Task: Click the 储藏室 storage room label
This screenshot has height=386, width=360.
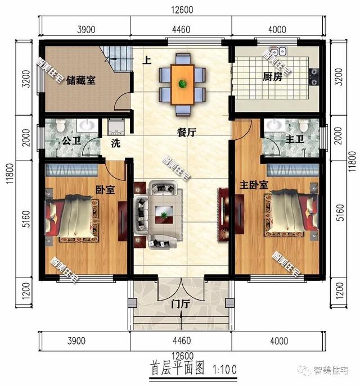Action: (x=80, y=80)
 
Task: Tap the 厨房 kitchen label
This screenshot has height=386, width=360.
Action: (x=272, y=77)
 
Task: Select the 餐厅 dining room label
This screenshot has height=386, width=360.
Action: (x=187, y=133)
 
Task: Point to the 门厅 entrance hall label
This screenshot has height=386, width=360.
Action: (x=181, y=304)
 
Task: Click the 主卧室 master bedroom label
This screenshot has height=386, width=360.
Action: (x=254, y=185)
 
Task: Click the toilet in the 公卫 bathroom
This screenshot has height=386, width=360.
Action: (x=60, y=125)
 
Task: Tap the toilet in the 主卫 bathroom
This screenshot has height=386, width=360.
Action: (x=303, y=125)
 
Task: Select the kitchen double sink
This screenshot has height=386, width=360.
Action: (x=278, y=51)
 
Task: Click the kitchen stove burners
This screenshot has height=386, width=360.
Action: (x=314, y=77)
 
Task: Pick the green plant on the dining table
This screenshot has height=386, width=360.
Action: (x=183, y=84)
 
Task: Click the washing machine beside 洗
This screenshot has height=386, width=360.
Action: (x=116, y=127)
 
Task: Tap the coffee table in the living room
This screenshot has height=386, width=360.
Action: (x=164, y=215)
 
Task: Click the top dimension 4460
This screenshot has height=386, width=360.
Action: (x=181, y=30)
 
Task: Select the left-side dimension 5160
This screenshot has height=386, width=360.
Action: (x=26, y=219)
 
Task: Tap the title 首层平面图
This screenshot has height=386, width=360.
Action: (x=177, y=368)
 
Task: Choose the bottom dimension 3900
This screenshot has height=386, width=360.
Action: (x=76, y=341)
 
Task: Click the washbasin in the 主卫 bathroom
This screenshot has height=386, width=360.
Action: (x=275, y=125)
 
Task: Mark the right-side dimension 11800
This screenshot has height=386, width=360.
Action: (x=352, y=162)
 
